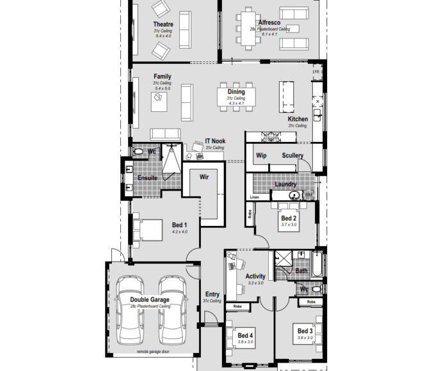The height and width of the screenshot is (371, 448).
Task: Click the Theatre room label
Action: [163, 24]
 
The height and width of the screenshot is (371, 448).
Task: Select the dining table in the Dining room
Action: [236, 96]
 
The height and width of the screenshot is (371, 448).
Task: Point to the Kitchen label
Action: [298, 119]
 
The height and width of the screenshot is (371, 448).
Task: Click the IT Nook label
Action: [214, 141]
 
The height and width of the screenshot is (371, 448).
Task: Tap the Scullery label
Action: [292, 155]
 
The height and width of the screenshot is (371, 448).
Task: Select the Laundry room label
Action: [285, 184]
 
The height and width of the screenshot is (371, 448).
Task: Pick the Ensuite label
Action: [147, 178]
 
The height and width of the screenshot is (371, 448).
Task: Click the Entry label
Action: [212, 294]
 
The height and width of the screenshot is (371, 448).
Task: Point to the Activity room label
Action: [255, 276]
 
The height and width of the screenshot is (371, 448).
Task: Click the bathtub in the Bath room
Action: [318, 263]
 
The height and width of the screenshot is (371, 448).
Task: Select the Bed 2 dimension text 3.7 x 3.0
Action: [289, 225]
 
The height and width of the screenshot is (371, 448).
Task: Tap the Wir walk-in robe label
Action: [204, 176]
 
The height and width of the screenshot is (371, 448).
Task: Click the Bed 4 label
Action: [245, 335]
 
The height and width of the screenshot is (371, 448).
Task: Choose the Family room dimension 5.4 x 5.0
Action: [162, 88]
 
